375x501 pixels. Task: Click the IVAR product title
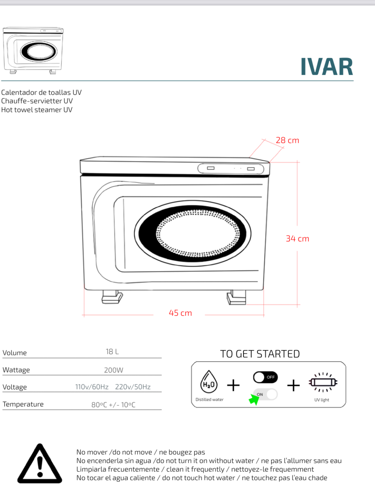[x=327, y=67]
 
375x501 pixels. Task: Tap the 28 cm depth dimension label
[x=287, y=140]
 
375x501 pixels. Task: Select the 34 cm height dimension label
[x=297, y=239]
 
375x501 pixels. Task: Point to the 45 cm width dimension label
[x=180, y=313]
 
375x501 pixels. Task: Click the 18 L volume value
[x=112, y=352]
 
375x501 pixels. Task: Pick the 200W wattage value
[x=113, y=370]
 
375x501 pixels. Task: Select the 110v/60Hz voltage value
[x=92, y=387]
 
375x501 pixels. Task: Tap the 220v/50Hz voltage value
[x=133, y=387]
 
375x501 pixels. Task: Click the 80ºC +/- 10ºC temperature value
[x=113, y=405]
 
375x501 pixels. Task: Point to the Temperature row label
[x=23, y=404]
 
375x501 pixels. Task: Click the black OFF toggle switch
[x=265, y=377]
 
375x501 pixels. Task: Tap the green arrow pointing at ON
[x=254, y=399]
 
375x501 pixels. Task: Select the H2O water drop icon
[x=208, y=382]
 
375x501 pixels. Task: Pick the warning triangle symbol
[x=40, y=463]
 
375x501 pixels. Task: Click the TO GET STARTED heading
[x=260, y=354]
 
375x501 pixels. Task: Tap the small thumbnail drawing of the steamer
[x=33, y=50]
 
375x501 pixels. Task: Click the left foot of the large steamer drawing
[x=112, y=297]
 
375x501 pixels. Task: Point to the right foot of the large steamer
[x=237, y=297]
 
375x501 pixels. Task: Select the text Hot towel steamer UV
[x=37, y=110]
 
